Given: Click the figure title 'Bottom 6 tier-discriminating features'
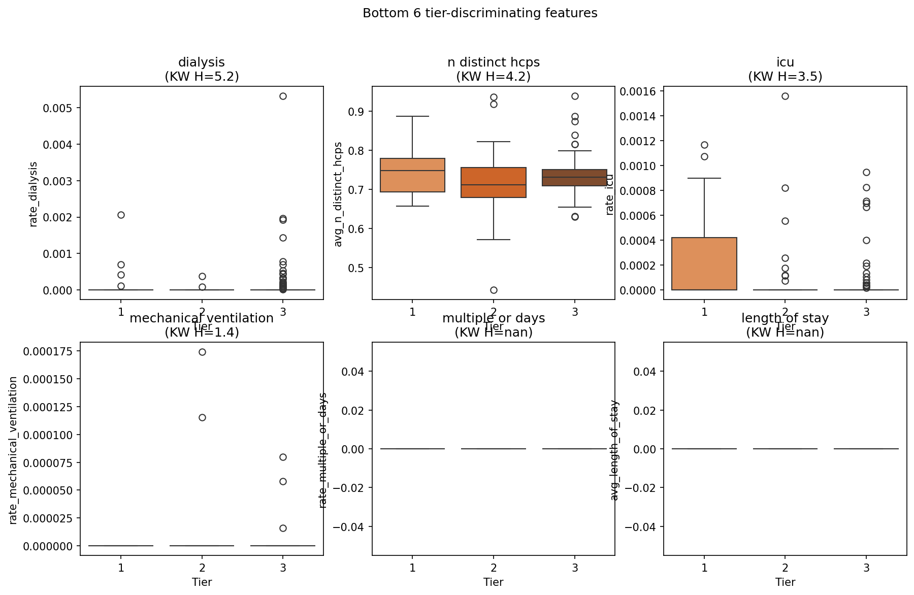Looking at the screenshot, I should (480, 13).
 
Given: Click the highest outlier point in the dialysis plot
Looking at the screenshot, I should (283, 96).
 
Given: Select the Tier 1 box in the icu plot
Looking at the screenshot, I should (704, 263).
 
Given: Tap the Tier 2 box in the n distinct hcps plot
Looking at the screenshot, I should (494, 182).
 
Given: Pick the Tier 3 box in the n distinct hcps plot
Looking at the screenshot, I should (575, 178).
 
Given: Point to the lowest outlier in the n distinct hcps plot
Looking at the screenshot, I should (494, 290).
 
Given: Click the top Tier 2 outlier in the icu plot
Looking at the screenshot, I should (785, 96).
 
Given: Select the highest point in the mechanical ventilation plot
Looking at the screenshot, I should (202, 352).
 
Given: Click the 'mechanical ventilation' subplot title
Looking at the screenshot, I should (202, 318).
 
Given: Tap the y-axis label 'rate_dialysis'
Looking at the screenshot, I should (34, 194).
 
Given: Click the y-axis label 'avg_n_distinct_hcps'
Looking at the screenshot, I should (338, 194).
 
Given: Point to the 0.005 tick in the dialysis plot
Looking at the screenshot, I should (60, 108).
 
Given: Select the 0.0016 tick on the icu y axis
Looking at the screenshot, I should (641, 91).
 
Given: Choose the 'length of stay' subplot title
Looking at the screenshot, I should (785, 318).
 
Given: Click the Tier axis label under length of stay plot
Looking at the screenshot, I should (785, 582).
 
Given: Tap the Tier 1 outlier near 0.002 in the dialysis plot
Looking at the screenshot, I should (121, 215).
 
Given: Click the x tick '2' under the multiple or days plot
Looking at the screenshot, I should (494, 568).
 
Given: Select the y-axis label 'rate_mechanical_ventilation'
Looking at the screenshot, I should (13, 450).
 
